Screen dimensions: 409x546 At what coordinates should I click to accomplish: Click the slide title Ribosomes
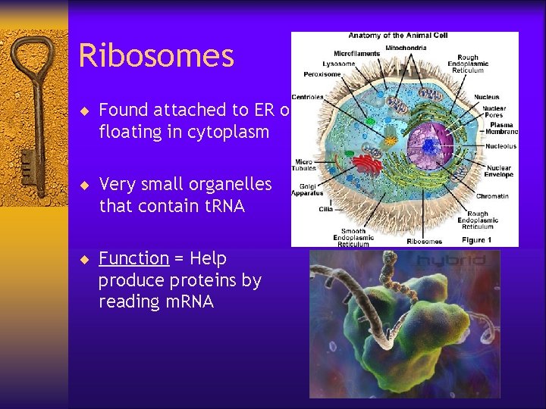tap(156, 56)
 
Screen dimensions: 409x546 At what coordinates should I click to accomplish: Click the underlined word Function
tap(133, 258)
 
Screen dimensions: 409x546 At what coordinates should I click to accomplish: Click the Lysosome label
tap(339, 64)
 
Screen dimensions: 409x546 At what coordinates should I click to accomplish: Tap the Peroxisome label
tap(322, 75)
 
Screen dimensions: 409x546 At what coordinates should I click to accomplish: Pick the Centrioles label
tap(307, 96)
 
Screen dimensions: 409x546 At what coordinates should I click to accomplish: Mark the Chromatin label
tap(493, 196)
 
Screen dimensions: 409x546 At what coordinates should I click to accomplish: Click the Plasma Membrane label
tap(501, 129)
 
